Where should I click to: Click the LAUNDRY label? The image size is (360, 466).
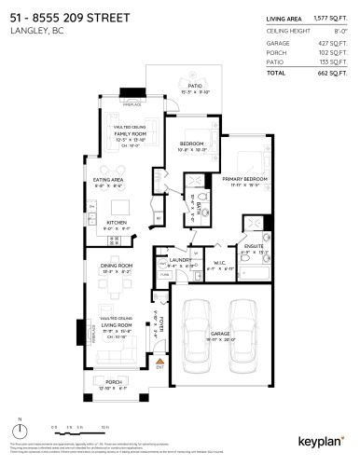(x=184, y=260)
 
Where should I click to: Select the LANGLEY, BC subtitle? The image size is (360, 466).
(x=33, y=32)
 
